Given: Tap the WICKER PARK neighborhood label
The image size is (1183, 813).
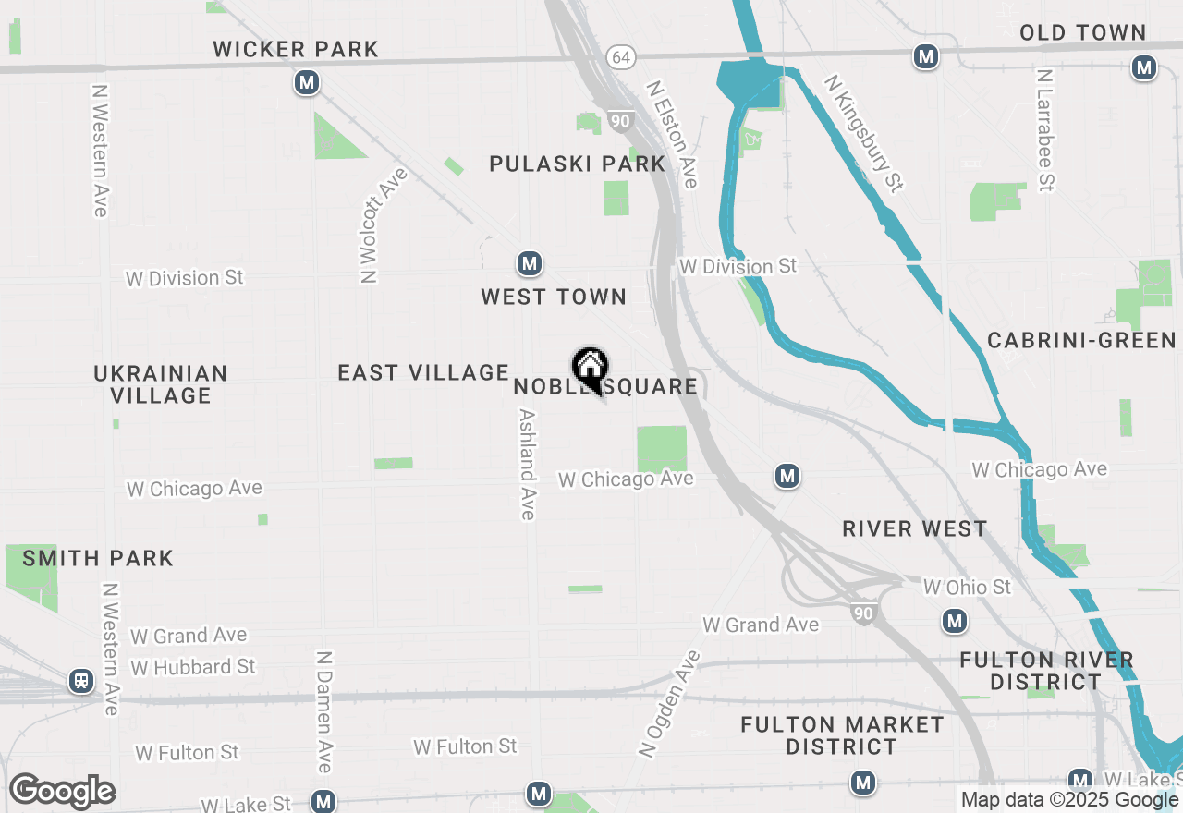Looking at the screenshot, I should click(296, 49).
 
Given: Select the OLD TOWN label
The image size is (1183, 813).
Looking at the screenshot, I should click(1082, 33).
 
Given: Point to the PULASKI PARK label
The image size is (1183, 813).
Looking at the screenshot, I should click(577, 164).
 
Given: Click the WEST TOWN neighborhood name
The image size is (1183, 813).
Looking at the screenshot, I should click(554, 297).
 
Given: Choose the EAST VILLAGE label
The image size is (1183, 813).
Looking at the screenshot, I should click(423, 372).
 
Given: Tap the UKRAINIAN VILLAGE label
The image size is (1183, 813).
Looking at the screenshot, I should click(161, 384).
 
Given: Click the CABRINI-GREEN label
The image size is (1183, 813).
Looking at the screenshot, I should click(1081, 340).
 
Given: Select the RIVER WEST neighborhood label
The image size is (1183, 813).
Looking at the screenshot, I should click(915, 528).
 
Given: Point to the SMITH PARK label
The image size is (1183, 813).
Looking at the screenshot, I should click(98, 558).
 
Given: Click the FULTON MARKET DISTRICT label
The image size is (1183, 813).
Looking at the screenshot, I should click(842, 735).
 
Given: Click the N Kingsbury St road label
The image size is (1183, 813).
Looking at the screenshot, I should click(864, 134).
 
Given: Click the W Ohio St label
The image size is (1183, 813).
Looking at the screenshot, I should click(967, 588).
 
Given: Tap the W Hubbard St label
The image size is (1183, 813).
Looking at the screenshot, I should click(193, 666).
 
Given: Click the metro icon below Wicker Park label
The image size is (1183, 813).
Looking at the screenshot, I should click(307, 83).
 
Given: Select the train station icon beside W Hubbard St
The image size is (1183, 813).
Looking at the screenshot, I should click(81, 682).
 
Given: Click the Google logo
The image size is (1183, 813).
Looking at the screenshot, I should click(63, 792).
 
